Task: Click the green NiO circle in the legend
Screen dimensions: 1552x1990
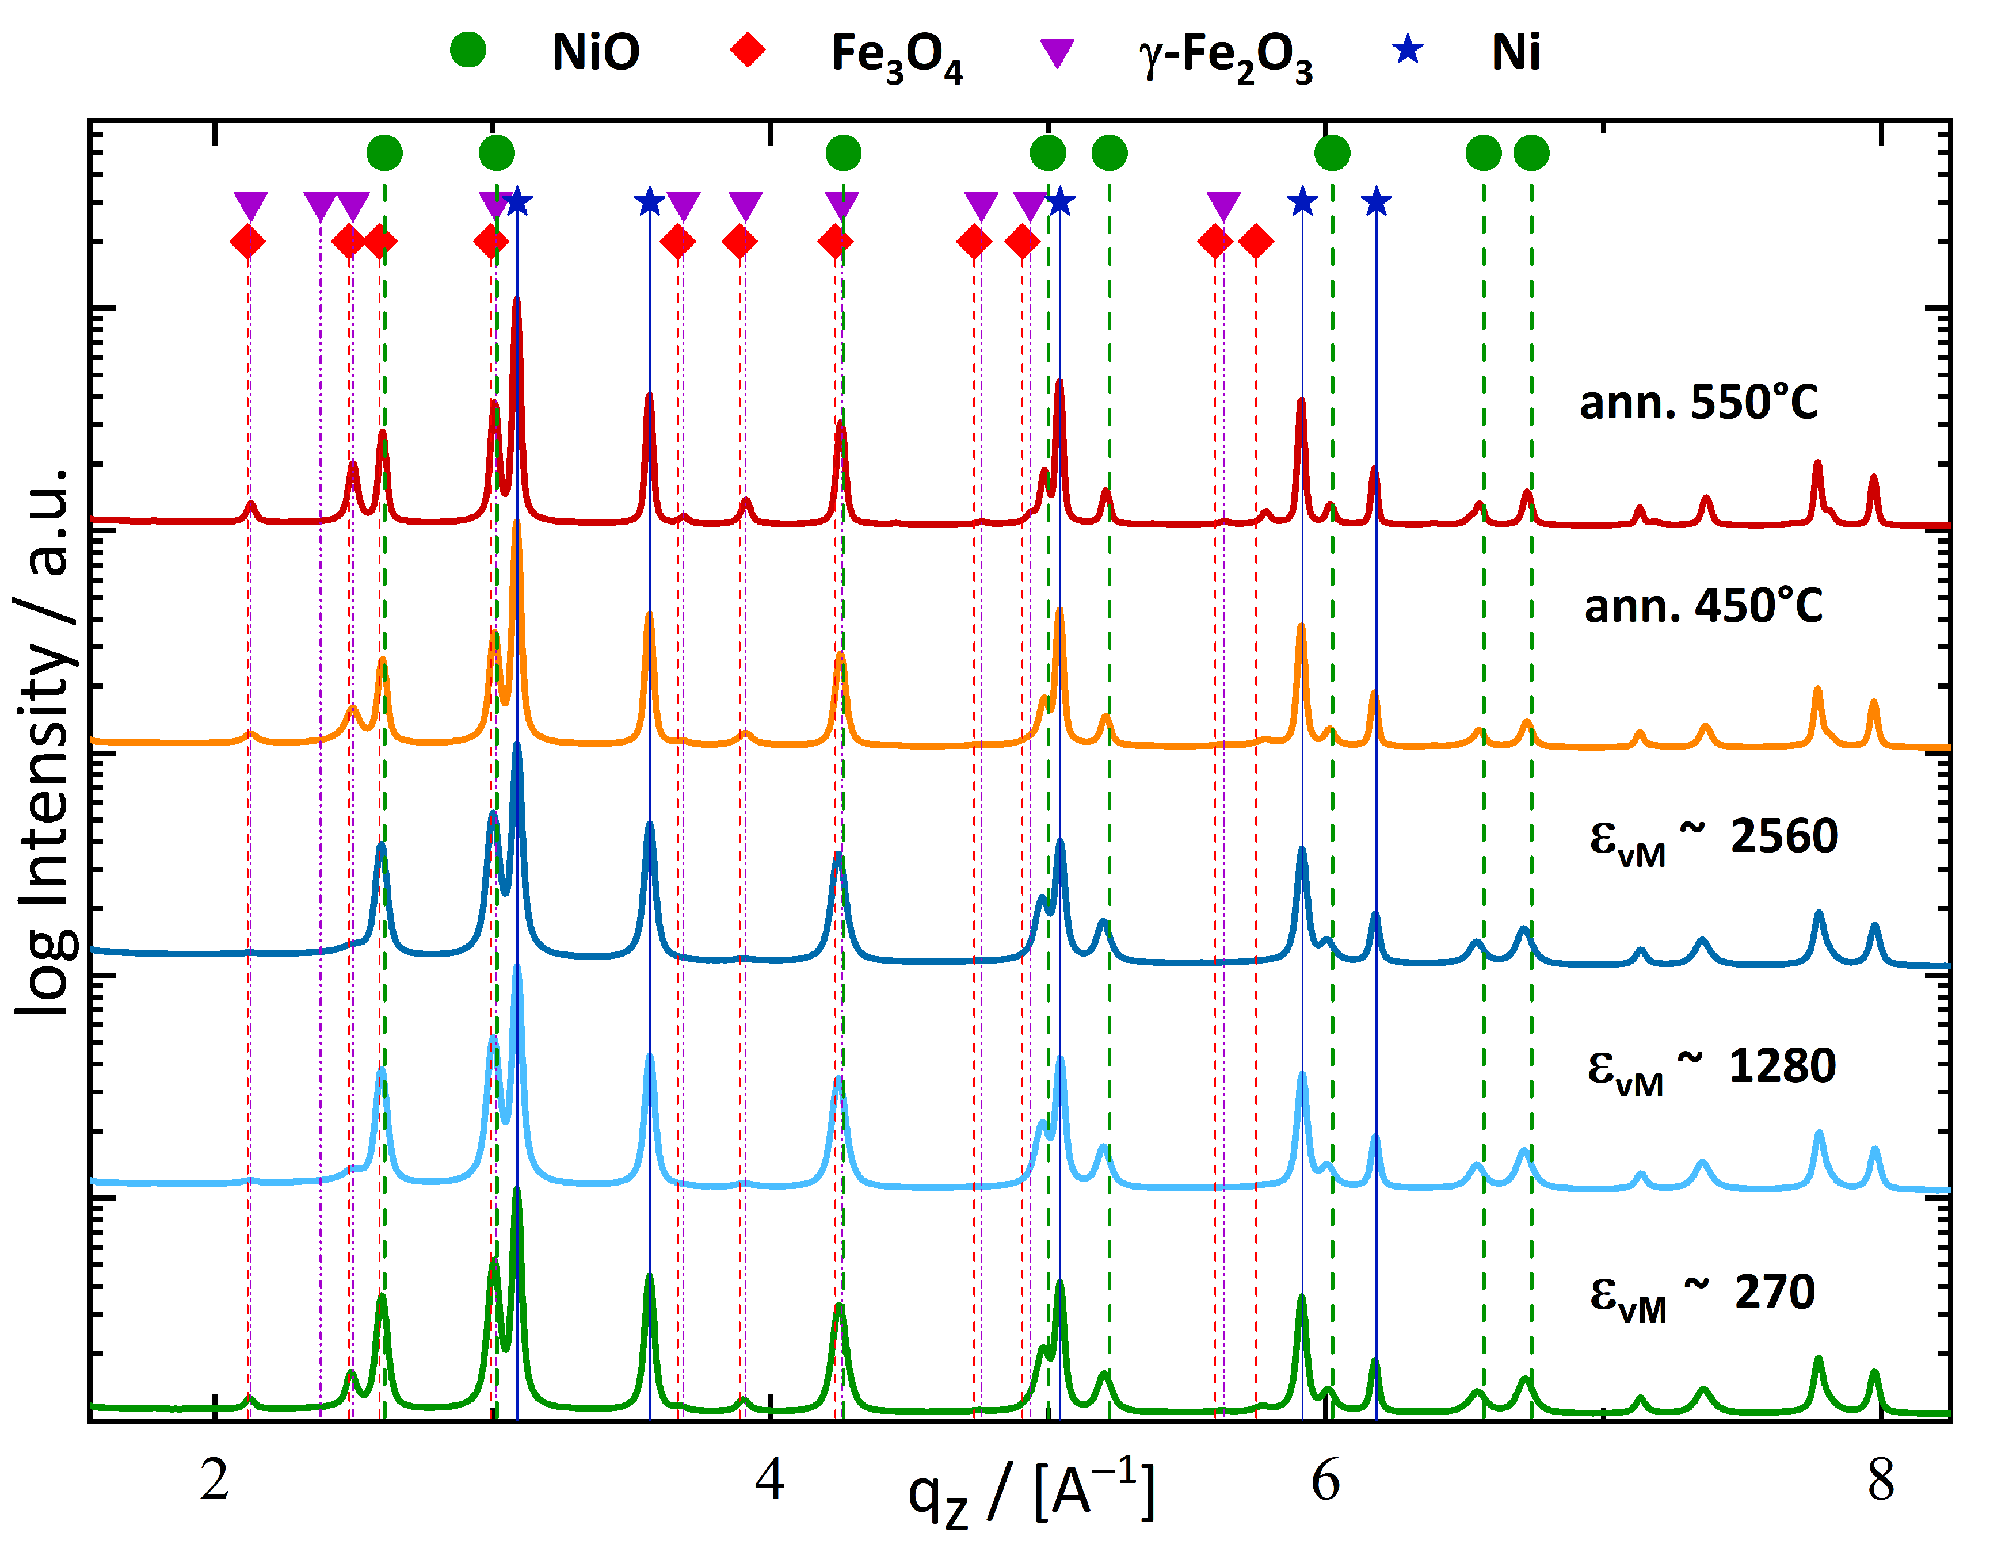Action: click(x=468, y=49)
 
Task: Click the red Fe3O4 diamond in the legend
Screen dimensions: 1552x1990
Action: click(x=748, y=49)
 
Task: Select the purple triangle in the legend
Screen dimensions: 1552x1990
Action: click(x=1057, y=53)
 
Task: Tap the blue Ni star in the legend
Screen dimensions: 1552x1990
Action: click(x=1408, y=49)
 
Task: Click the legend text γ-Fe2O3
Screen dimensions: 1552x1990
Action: click(x=1226, y=55)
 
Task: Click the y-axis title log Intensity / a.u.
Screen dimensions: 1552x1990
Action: click(x=45, y=742)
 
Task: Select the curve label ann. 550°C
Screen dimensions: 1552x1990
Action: click(x=1698, y=403)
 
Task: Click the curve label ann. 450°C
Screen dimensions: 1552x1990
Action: click(x=1703, y=606)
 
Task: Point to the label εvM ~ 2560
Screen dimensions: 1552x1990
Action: click(x=1713, y=838)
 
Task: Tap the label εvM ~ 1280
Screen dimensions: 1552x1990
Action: click(x=1711, y=1068)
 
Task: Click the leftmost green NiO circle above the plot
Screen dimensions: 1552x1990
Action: click(x=384, y=153)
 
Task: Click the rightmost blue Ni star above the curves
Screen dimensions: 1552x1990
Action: click(x=1376, y=201)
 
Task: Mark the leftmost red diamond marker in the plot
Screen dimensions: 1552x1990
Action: click(x=248, y=242)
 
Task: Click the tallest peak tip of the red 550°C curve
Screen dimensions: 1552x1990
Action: click(x=517, y=300)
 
